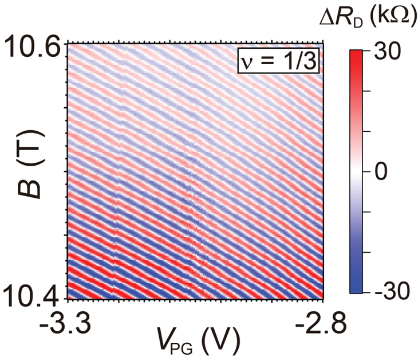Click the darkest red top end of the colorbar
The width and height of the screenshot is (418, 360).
click(357, 53)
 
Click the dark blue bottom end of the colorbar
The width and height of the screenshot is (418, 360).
click(357, 290)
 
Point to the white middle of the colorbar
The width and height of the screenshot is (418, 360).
click(357, 172)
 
